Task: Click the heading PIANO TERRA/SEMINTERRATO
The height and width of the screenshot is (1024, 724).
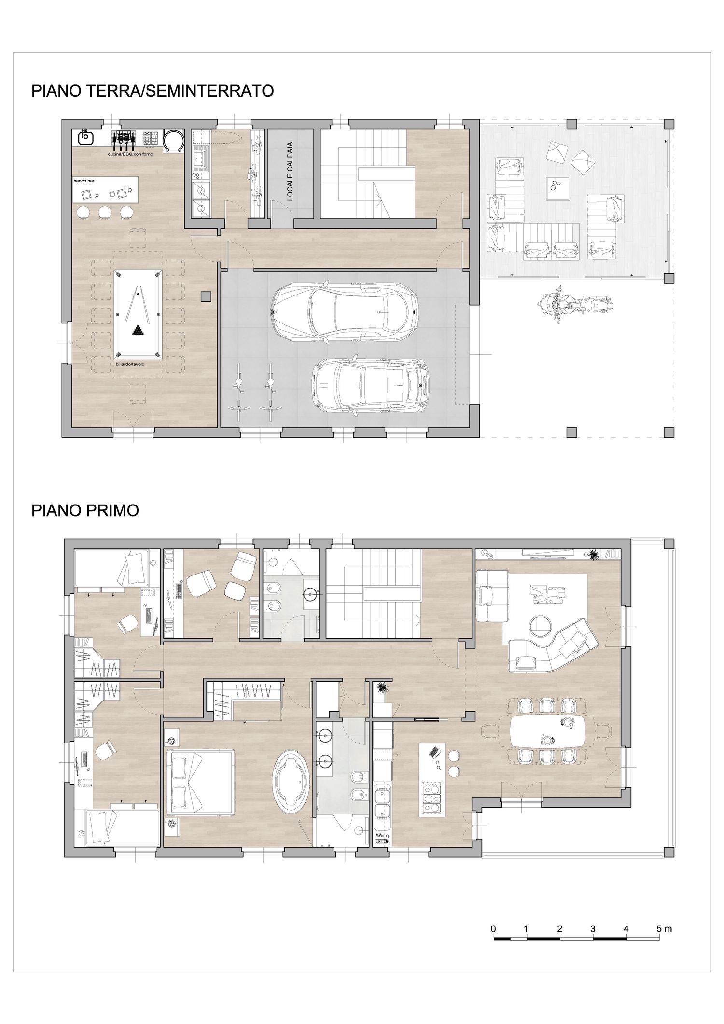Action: click(x=153, y=91)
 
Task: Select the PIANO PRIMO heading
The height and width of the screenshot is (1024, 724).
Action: click(x=85, y=511)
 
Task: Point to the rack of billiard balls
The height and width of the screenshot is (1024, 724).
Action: click(x=138, y=331)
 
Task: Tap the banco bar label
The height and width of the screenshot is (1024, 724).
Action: click(x=83, y=181)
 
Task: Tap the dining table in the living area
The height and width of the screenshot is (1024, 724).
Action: click(x=548, y=730)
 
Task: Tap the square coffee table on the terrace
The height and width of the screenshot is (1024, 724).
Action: click(x=558, y=189)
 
